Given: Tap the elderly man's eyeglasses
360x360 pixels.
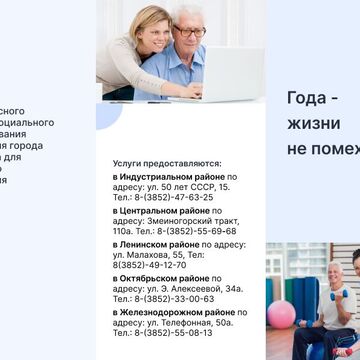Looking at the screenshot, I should (189, 31).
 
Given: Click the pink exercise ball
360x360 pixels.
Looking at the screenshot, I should (281, 313).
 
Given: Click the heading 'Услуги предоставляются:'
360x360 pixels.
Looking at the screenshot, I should (167, 162).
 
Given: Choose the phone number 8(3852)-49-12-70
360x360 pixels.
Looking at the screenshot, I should (149, 264).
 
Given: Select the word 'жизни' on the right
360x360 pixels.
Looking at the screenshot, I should (313, 124).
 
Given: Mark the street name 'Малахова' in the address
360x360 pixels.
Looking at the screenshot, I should (139, 254).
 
